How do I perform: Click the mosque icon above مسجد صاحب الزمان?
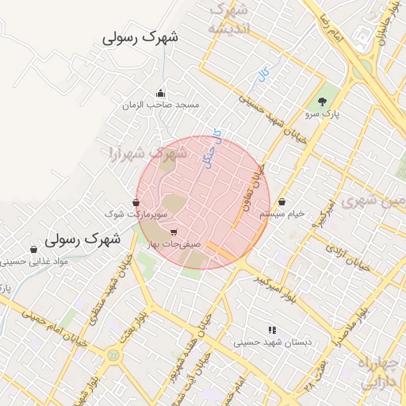tap(161, 93)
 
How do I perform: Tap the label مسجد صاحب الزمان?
tap(161, 105)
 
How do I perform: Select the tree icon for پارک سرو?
tap(322, 101)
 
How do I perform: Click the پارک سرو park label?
tap(322, 114)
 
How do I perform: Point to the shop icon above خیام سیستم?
tap(282, 201)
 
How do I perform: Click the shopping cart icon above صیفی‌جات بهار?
tap(174, 232)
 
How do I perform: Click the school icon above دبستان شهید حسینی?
tap(272, 330)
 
